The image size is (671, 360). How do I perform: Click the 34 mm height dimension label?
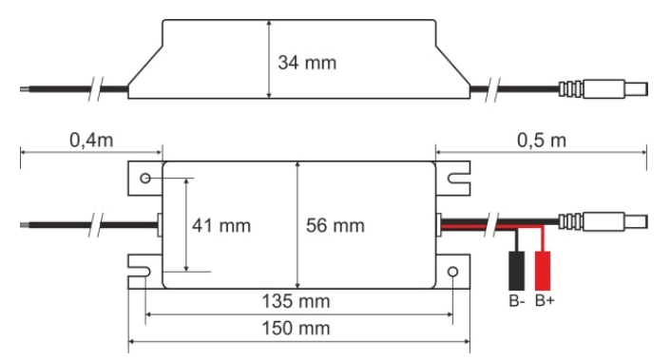click(307, 63)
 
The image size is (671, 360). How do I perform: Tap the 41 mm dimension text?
click(221, 226)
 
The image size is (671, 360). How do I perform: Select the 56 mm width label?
click(335, 226)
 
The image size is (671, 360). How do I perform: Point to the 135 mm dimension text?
click(296, 301)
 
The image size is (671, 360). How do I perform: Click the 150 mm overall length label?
click(296, 329)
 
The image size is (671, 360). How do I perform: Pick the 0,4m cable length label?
click(91, 141)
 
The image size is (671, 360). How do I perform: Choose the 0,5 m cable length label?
click(542, 141)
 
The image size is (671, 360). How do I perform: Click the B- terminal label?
click(517, 300)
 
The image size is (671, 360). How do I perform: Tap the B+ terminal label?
click(545, 300)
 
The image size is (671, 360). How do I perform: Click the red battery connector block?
click(543, 271)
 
